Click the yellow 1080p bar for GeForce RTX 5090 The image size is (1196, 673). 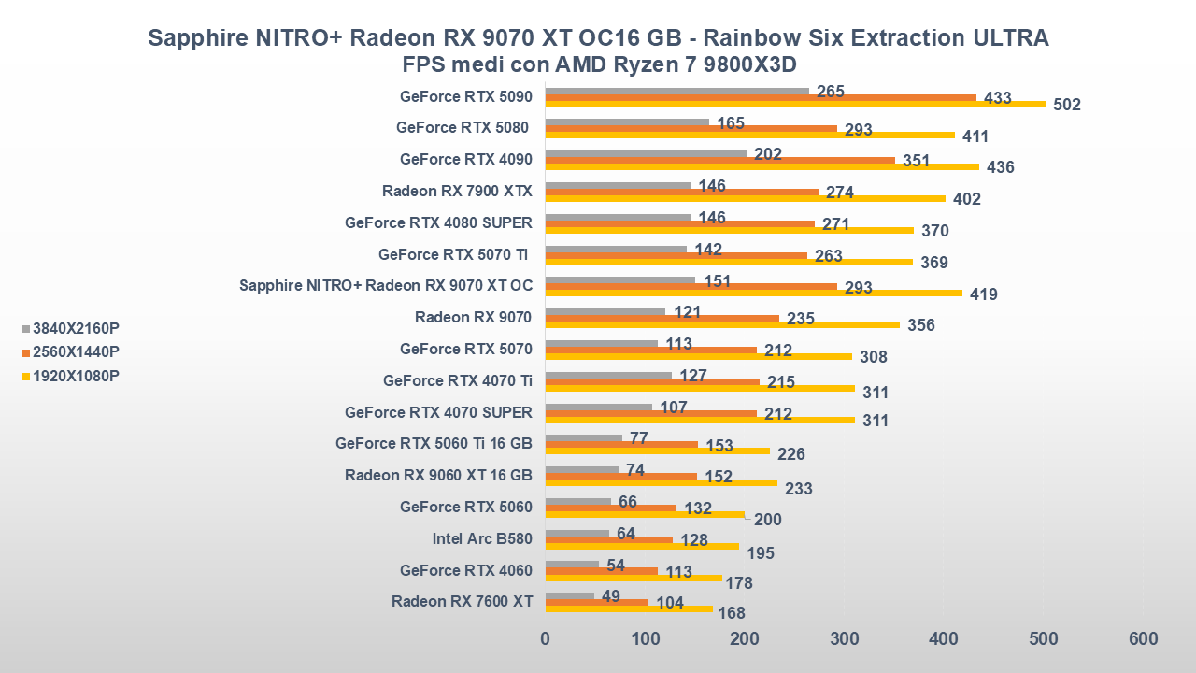pyautogui.click(x=794, y=104)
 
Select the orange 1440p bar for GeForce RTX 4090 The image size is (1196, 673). pyautogui.click(x=719, y=160)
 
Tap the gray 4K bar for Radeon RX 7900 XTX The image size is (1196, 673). pyautogui.click(x=618, y=186)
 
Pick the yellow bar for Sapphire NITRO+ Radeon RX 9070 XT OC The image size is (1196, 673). pyautogui.click(x=753, y=293)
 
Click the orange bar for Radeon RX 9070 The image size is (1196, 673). pyautogui.click(x=662, y=318)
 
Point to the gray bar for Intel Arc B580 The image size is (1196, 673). pyautogui.click(x=577, y=534)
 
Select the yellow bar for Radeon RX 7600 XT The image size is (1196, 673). pyautogui.click(x=629, y=609)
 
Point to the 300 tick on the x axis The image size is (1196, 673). pyautogui.click(x=844, y=639)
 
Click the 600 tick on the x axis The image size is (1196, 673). pyautogui.click(x=1143, y=639)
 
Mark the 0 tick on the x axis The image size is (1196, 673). pyautogui.click(x=546, y=639)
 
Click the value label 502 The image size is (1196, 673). pyautogui.click(x=1066, y=105)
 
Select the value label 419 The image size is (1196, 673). pyautogui.click(x=983, y=294)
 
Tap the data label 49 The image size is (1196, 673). pyautogui.click(x=612, y=596)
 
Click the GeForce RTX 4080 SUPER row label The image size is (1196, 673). pyautogui.click(x=438, y=222)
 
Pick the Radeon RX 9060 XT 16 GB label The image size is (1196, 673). pyautogui.click(x=438, y=475)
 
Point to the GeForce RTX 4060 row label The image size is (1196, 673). pyautogui.click(x=465, y=570)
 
